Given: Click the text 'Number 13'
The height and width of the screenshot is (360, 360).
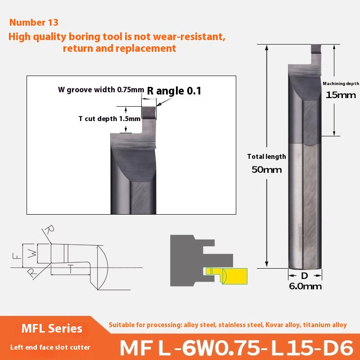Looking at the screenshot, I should [34, 22].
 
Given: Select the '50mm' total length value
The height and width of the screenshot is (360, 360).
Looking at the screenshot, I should [267, 170].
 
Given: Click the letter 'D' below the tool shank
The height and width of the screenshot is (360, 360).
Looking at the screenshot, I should [305, 275].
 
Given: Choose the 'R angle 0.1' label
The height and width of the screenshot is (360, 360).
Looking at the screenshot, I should [174, 91].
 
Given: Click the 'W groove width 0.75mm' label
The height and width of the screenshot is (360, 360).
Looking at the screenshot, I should [101, 89].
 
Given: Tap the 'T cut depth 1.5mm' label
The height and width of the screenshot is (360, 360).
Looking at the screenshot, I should [103, 119].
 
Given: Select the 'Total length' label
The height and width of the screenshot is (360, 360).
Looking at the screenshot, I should [266, 157].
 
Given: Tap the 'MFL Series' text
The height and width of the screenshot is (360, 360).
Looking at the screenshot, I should [52, 328].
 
